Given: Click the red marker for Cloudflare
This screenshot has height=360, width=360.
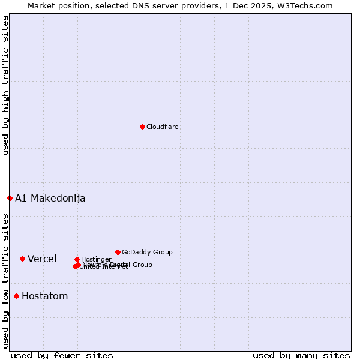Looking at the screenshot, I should pyautogui.click(x=142, y=127).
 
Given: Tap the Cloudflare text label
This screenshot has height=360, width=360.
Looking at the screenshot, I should pyautogui.click(x=162, y=127).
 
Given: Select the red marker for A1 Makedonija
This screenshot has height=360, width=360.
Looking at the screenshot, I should pyautogui.click(x=10, y=198).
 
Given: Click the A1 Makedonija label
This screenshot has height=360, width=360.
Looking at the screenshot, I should pyautogui.click(x=50, y=198).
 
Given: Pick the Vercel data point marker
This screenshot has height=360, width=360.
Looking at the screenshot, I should pyautogui.click(x=22, y=259).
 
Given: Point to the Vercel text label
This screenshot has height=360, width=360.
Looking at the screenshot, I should pyautogui.click(x=42, y=259).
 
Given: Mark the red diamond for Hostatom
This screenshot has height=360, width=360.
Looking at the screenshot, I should pyautogui.click(x=16, y=296).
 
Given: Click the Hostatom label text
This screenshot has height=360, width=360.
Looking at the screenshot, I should pyautogui.click(x=44, y=296).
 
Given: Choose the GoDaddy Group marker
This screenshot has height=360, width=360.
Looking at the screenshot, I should pyautogui.click(x=118, y=252).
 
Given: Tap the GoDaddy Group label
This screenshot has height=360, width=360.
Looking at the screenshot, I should pyautogui.click(x=147, y=252).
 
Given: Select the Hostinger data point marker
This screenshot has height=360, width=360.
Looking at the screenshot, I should pyautogui.click(x=77, y=259).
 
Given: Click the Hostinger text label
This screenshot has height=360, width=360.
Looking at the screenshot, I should pyautogui.click(x=96, y=259).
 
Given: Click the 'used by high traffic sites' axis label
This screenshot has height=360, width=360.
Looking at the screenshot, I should pyautogui.click(x=5, y=85).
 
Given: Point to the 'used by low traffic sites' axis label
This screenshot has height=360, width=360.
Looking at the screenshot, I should pyautogui.click(x=5, y=280).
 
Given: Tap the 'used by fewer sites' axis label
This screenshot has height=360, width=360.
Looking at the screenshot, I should pyautogui.click(x=62, y=355).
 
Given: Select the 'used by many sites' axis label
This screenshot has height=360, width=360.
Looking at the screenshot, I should pyautogui.click(x=301, y=355).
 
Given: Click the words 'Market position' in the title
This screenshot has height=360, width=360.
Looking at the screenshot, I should pyautogui.click(x=56, y=5).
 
